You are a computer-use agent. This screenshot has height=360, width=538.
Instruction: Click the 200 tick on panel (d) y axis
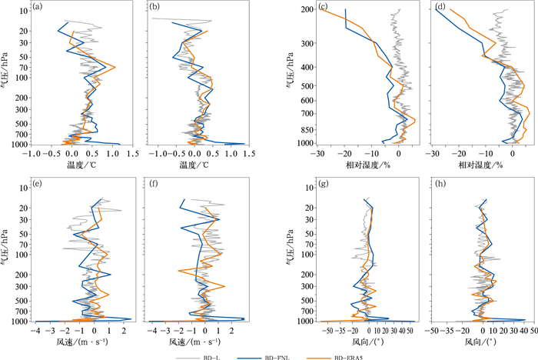pyautogui.click(x=423, y=10)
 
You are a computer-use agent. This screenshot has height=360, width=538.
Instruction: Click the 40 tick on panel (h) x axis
pyautogui.click(x=525, y=328)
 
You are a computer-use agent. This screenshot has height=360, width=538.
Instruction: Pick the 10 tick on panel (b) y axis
pyautogui.click(x=138, y=11)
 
